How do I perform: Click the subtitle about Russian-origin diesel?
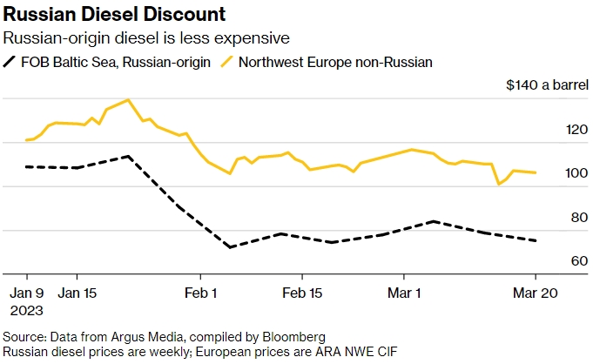click(x=146, y=38)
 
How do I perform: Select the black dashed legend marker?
click(x=12, y=62)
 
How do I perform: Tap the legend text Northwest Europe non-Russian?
click(x=334, y=62)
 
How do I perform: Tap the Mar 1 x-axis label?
click(x=406, y=293)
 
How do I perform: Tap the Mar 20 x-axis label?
click(x=535, y=293)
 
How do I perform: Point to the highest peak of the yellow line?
click(x=128, y=99)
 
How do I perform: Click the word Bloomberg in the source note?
click(x=297, y=336)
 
